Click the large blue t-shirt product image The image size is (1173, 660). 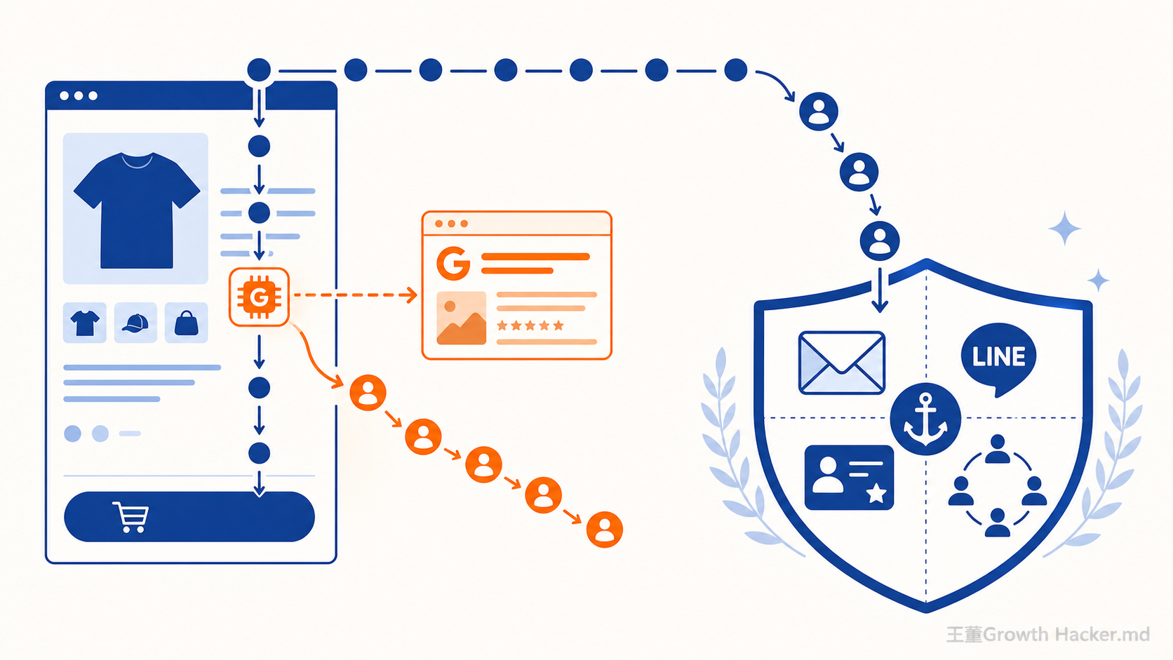pos(136,209)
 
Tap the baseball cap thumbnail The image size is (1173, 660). pos(135,323)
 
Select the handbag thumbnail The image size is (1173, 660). pos(186,323)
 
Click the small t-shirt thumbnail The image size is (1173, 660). pos(85,323)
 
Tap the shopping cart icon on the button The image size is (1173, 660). pos(130,517)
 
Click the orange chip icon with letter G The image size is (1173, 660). pos(259,297)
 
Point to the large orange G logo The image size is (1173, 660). pos(453,264)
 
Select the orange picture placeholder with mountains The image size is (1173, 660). pos(462,318)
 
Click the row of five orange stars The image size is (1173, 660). pos(530,325)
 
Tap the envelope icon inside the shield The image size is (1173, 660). pos(842,363)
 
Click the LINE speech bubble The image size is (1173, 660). pos(998,360)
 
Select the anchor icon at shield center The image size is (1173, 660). pos(926,419)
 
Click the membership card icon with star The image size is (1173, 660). pos(849,478)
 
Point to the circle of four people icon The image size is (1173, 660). pos(998,485)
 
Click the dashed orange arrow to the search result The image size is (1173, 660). pos(355,295)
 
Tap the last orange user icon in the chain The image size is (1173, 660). pos(604,530)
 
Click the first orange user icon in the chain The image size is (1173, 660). pos(368,393)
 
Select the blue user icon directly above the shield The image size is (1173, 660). pos(880,241)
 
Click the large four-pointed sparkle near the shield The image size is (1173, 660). pos(1064,228)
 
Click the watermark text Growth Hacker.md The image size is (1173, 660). pos(1066,634)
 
